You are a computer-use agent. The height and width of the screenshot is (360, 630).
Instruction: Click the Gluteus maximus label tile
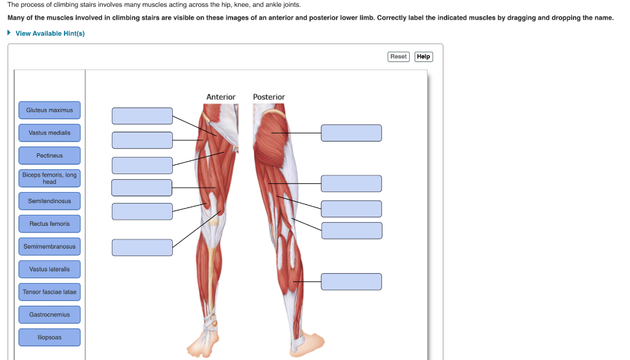49,110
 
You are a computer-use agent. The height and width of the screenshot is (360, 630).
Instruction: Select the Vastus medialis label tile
49,133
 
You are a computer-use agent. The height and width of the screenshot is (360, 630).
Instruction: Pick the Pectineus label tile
49,156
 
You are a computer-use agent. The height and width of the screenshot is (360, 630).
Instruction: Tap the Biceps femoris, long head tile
49,178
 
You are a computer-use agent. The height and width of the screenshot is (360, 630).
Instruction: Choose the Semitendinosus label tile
49,201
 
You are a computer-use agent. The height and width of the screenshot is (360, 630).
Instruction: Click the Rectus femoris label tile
49,224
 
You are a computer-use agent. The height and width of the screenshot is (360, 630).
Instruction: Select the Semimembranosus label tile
49,247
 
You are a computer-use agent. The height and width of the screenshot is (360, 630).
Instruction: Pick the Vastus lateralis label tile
49,270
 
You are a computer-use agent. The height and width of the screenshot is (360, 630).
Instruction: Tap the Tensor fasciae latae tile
49,292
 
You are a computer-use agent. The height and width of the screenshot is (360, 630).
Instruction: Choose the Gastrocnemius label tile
49,315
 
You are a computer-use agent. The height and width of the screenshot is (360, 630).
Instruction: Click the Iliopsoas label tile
49,338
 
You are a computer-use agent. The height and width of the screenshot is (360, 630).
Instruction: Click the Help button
423,57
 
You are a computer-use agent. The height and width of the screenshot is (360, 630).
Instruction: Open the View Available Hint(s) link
50,33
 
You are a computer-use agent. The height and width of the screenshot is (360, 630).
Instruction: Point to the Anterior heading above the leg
221,97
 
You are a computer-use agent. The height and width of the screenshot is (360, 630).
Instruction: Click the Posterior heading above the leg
269,97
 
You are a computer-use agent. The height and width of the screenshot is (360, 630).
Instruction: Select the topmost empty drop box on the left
142,116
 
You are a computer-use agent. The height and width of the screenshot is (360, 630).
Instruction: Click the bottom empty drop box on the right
351,282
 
